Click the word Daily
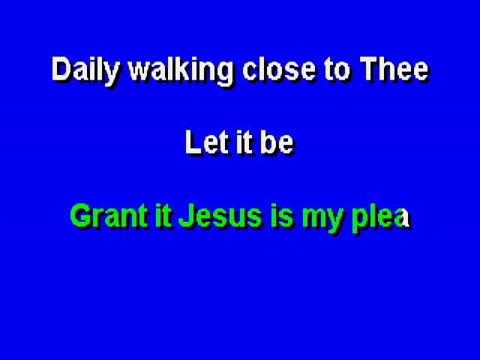85,70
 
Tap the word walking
181,70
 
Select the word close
278,70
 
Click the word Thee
394,70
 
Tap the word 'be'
277,142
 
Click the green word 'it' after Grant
163,216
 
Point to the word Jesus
220,216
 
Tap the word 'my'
322,219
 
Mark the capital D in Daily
65,69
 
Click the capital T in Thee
370,69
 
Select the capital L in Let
193,142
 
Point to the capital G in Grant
82,216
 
